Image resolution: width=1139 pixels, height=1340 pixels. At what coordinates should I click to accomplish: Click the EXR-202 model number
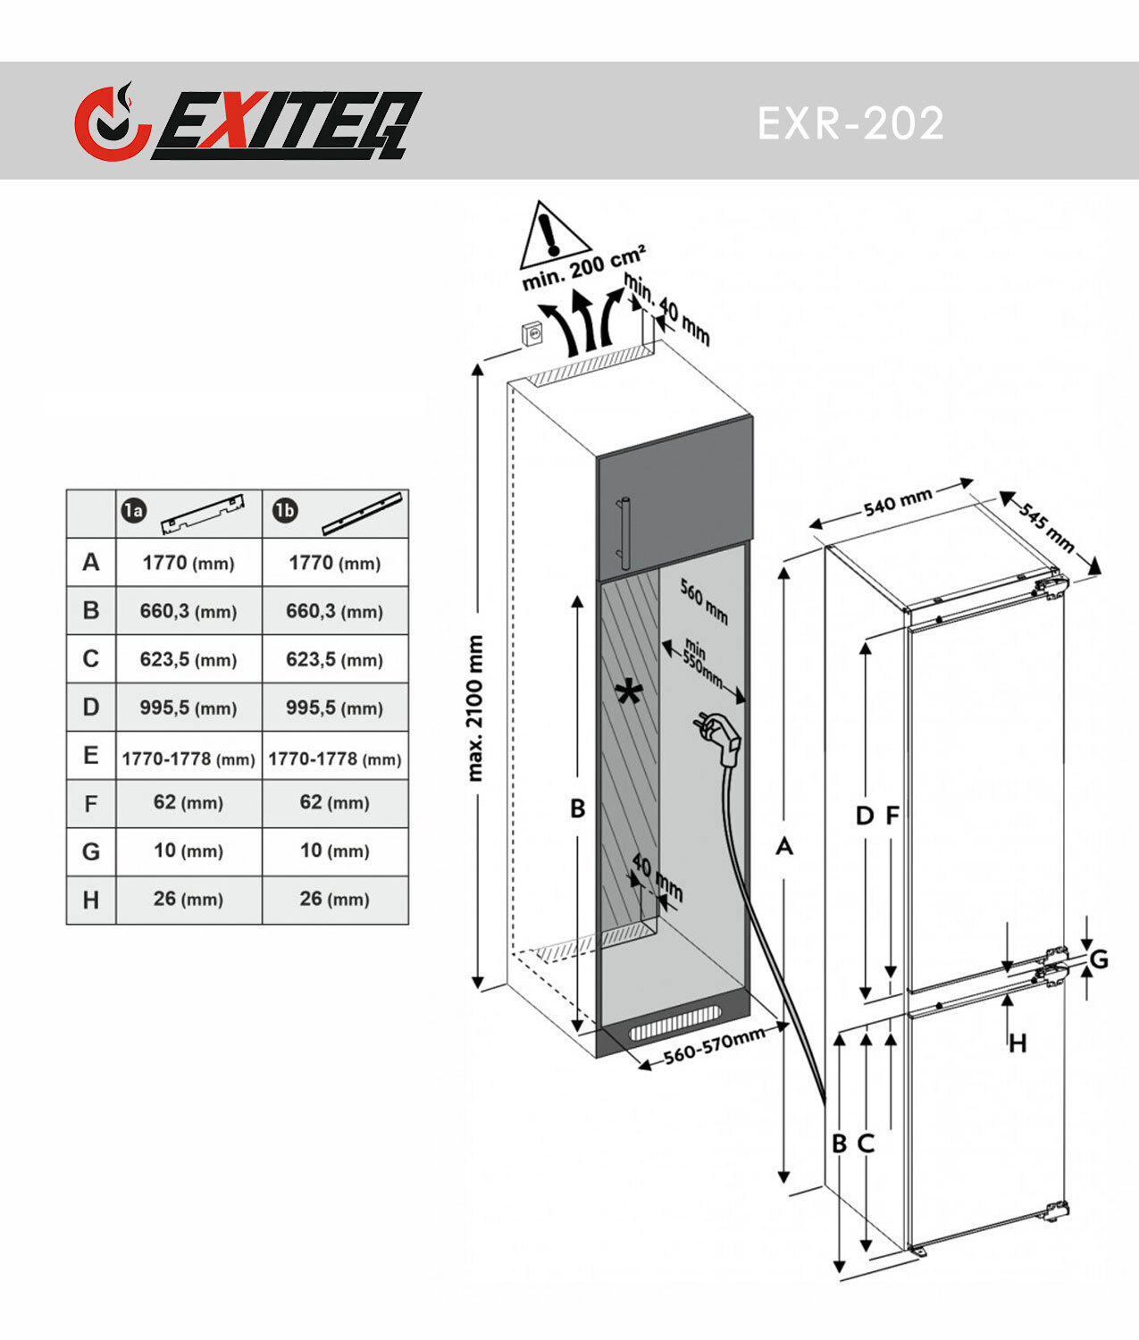coord(850,123)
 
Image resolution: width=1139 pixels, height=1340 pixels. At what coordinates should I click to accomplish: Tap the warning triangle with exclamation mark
coord(554,235)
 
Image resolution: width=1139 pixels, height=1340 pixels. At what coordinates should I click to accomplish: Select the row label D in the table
coord(91,707)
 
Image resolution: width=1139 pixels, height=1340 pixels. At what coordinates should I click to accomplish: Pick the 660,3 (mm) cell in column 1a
coord(188,611)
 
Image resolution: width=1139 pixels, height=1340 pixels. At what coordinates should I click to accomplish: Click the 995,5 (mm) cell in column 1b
coord(334,708)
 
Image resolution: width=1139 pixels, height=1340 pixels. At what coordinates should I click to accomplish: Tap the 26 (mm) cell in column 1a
coord(188,900)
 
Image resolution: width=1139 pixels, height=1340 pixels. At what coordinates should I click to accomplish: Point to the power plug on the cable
coord(721,736)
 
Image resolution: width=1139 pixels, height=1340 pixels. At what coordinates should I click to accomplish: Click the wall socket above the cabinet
coord(532,334)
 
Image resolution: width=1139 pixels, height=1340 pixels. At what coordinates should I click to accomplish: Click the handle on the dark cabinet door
coord(624,533)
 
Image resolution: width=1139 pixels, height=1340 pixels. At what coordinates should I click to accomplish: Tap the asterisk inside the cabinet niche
coord(629,693)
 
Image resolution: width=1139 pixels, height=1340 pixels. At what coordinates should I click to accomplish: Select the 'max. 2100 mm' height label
coord(475,708)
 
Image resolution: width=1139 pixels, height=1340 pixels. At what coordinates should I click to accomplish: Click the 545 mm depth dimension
coord(1046,527)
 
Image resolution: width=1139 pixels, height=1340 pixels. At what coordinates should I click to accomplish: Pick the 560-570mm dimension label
coord(714,1047)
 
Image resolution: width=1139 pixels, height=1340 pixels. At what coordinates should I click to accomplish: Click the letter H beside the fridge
coord(1018,1043)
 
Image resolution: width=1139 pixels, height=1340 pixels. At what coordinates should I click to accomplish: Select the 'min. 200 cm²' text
coord(583,267)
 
